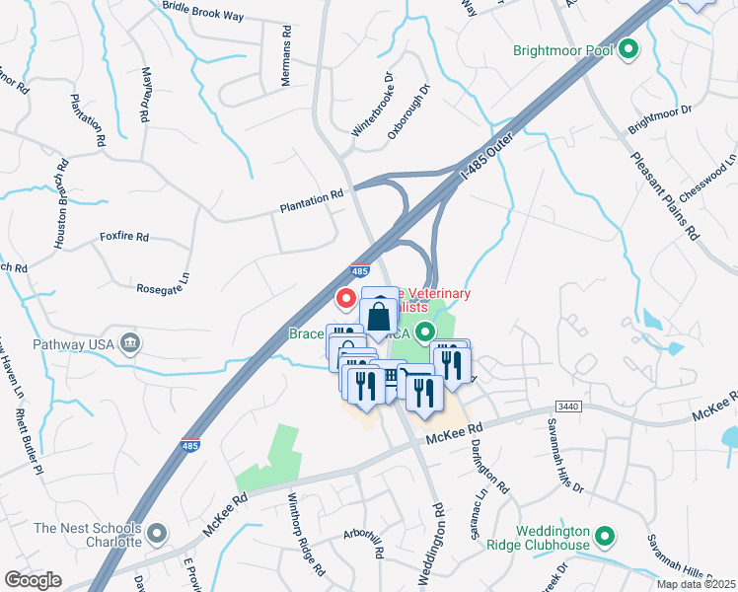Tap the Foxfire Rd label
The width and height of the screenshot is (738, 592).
(x=123, y=237)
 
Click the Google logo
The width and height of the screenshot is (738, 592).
(x=33, y=580)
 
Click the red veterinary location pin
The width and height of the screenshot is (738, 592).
(x=346, y=296)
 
